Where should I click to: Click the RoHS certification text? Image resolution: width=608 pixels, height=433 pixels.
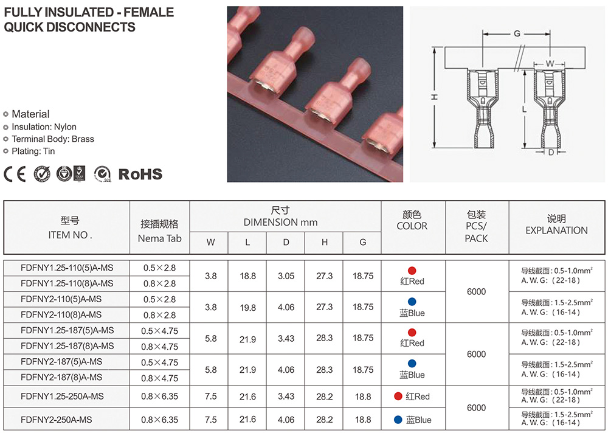(x=140, y=174)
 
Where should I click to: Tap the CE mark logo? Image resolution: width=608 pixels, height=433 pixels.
(x=15, y=174)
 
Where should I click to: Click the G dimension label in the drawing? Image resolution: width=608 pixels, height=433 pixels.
(x=517, y=34)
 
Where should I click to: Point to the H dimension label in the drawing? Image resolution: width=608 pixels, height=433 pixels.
(x=435, y=97)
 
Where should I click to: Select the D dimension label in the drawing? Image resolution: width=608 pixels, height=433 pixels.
(x=551, y=153)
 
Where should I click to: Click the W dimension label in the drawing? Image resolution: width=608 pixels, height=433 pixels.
(x=550, y=64)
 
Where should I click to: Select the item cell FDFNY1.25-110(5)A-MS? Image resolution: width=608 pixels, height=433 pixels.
(x=67, y=268)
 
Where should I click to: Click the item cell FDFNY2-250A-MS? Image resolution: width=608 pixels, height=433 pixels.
(x=56, y=420)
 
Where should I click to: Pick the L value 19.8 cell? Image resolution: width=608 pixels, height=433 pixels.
(x=247, y=308)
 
